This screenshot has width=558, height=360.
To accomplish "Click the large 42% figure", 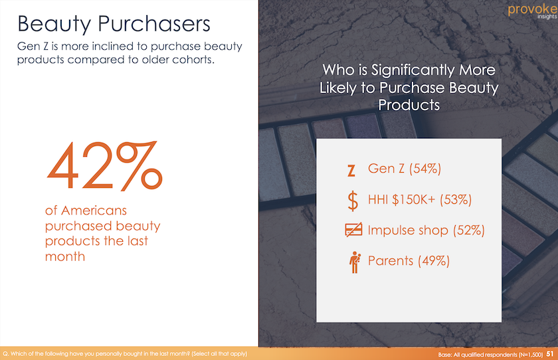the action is point(105,166).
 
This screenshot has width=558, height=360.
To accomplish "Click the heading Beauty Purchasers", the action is point(114,23).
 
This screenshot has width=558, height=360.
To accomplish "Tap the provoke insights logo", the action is point(532,11).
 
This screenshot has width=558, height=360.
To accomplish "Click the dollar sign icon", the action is point(353,201).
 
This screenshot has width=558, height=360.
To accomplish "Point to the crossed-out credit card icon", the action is point(353,230).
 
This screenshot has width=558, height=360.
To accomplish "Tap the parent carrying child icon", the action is point(355,262).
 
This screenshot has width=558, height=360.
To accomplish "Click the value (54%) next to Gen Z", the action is point(425,168).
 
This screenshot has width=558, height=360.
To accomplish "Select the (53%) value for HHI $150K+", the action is point(456,199).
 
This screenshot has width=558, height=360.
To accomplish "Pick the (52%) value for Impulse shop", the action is point(469,230).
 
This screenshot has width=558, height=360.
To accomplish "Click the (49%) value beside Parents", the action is point(433,261).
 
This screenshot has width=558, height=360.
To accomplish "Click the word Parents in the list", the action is point(391,261).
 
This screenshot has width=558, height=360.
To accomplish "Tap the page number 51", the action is point(550,354).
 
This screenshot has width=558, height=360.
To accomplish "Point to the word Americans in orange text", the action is point(94,211).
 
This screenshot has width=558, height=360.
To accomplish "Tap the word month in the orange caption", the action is point(65,256).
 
